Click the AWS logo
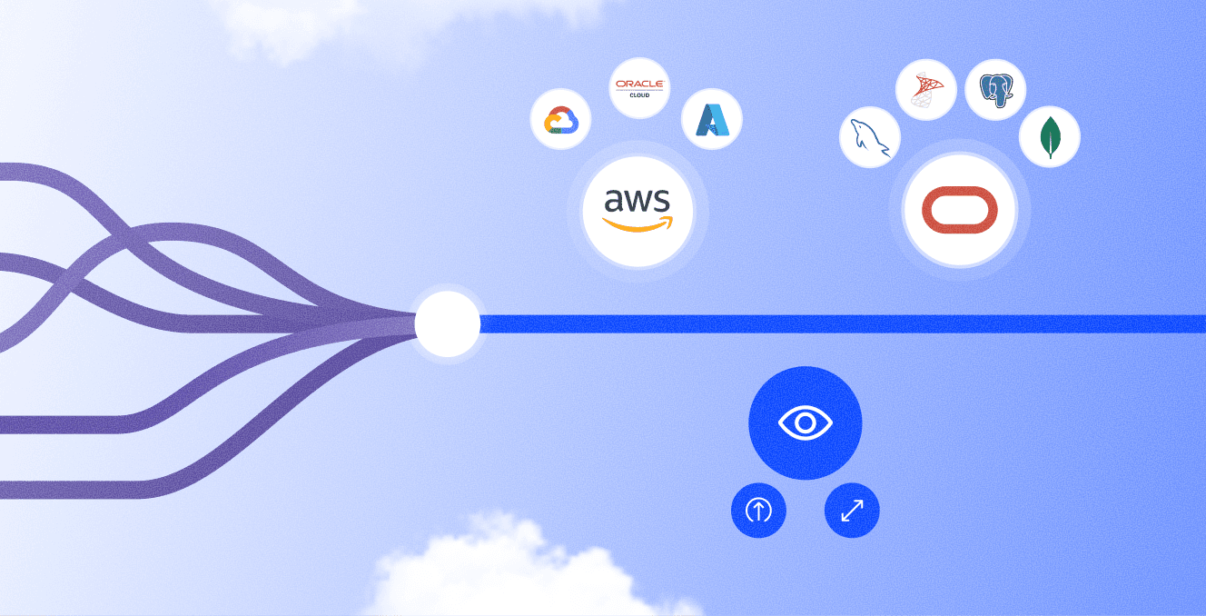coord(638,210)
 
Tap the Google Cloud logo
coord(561,120)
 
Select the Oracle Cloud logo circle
coord(639,88)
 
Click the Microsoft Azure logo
coord(712,120)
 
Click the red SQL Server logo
coord(926,89)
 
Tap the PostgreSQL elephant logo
coord(995,89)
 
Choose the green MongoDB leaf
coord(1050,137)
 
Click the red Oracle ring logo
coord(959,210)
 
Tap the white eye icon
coord(805,423)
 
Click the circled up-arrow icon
coord(758,510)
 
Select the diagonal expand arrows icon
coord(852,510)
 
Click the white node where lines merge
coord(447,323)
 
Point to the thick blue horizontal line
coord(843,323)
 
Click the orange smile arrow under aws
coord(638,224)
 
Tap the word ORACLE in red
coord(639,84)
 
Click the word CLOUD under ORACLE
coord(639,95)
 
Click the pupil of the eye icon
coord(805,423)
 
